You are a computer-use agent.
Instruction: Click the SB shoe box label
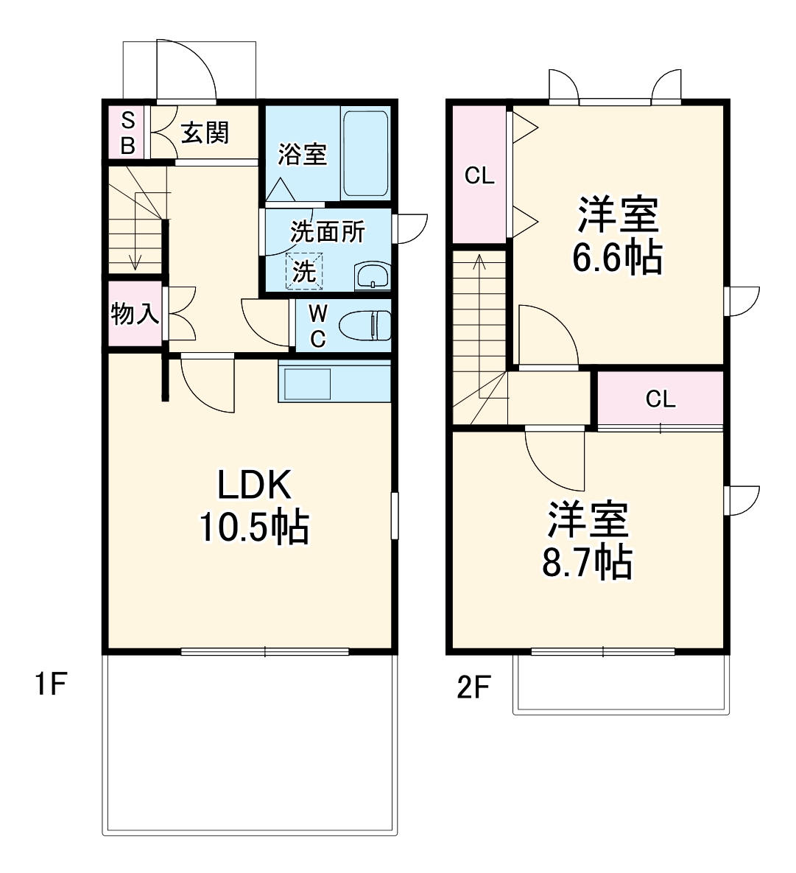pyautogui.click(x=127, y=133)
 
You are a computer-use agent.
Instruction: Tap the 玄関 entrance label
pyautogui.click(x=205, y=133)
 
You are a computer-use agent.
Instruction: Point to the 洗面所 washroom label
pyautogui.click(x=327, y=232)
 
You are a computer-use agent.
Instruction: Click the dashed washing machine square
pyautogui.click(x=304, y=270)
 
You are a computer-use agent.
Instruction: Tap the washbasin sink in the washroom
pyautogui.click(x=373, y=276)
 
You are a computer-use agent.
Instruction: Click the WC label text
pyautogui.click(x=317, y=326)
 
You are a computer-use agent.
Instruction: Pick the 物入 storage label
pyautogui.click(x=134, y=315)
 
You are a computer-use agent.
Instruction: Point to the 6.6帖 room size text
pyautogui.click(x=617, y=258)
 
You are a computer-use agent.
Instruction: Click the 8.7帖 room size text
pyautogui.click(x=587, y=563)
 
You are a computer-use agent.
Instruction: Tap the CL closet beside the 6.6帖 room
pyautogui.click(x=479, y=175)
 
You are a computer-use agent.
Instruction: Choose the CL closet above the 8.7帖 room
pyautogui.click(x=660, y=399)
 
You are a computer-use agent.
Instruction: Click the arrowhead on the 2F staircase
pyautogui.click(x=479, y=259)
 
